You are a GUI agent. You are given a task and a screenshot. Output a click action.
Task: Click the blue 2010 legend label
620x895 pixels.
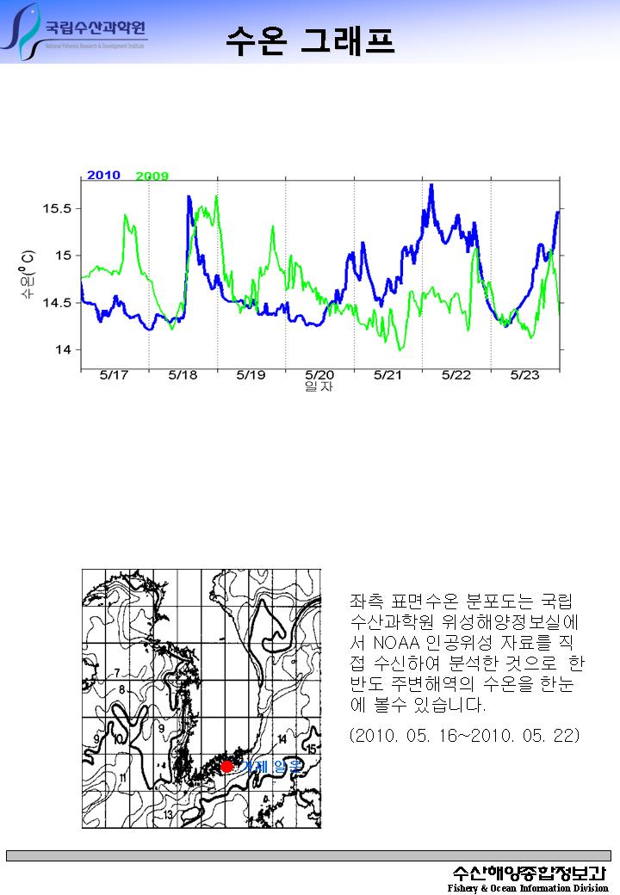[103, 176]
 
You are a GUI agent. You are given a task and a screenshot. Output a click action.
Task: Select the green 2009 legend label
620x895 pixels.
[152, 176]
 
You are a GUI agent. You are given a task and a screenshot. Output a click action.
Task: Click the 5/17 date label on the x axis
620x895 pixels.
[114, 375]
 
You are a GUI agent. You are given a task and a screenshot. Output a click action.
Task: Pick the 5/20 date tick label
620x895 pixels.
[319, 375]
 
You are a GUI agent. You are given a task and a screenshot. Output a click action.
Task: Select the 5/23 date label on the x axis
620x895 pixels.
[524, 375]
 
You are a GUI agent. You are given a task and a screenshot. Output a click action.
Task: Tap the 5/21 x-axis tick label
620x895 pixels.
[387, 375]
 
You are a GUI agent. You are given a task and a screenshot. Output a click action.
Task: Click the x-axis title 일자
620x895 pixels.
[319, 387]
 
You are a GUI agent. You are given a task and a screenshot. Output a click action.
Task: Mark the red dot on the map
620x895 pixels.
[226, 766]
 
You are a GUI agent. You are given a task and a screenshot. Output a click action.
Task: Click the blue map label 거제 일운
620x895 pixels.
[270, 767]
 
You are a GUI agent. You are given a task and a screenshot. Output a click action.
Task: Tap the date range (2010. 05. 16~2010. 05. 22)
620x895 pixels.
[465, 736]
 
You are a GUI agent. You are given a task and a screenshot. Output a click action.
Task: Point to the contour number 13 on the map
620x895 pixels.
[170, 814]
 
